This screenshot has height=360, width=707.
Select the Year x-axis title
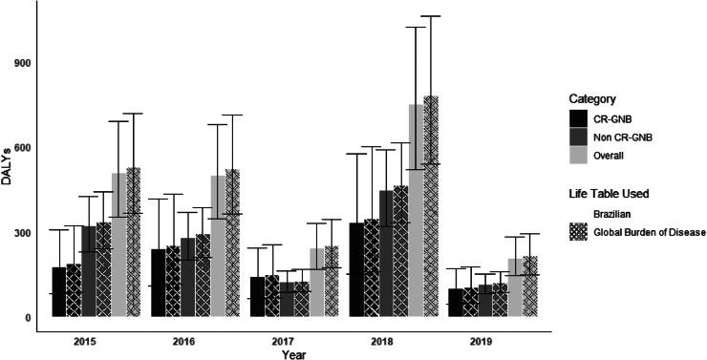pos(294,353)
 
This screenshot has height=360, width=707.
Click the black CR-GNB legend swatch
pos(578,118)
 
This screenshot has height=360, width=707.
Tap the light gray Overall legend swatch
pos(578,155)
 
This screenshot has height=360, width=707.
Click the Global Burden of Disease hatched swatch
pos(578,232)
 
